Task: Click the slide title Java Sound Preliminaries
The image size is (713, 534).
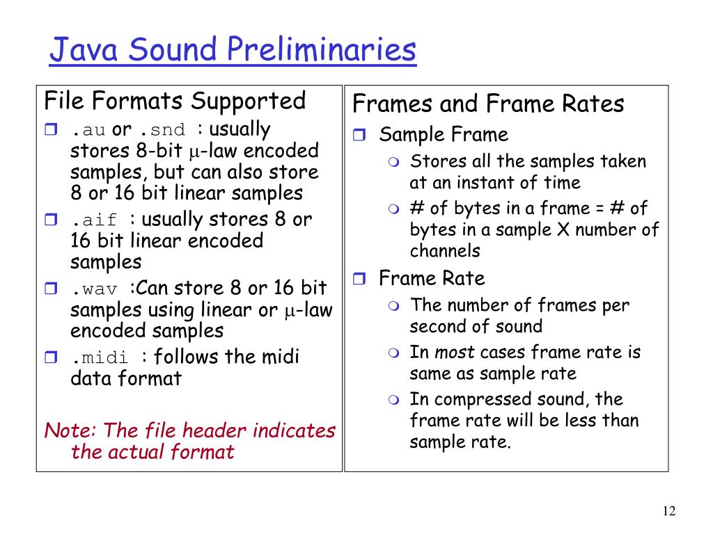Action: pyautogui.click(x=233, y=50)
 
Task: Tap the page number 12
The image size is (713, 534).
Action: pyautogui.click(x=669, y=512)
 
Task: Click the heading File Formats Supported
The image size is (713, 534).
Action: pyautogui.click(x=175, y=101)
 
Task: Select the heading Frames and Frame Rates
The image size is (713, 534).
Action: pyautogui.click(x=488, y=104)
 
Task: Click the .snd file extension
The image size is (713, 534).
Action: pyautogui.click(x=162, y=130)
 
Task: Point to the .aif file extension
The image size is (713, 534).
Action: pyautogui.click(x=100, y=220)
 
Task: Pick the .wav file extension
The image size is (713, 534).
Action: pyautogui.click(x=98, y=289)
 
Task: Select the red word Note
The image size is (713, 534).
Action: pyautogui.click(x=65, y=430)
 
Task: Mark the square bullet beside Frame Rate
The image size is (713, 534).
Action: pyautogui.click(x=359, y=280)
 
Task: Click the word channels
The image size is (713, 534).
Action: pyautogui.click(x=445, y=251)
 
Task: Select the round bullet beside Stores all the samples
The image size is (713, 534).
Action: pyautogui.click(x=394, y=163)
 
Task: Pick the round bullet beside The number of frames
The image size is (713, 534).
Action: pyautogui.click(x=394, y=306)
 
